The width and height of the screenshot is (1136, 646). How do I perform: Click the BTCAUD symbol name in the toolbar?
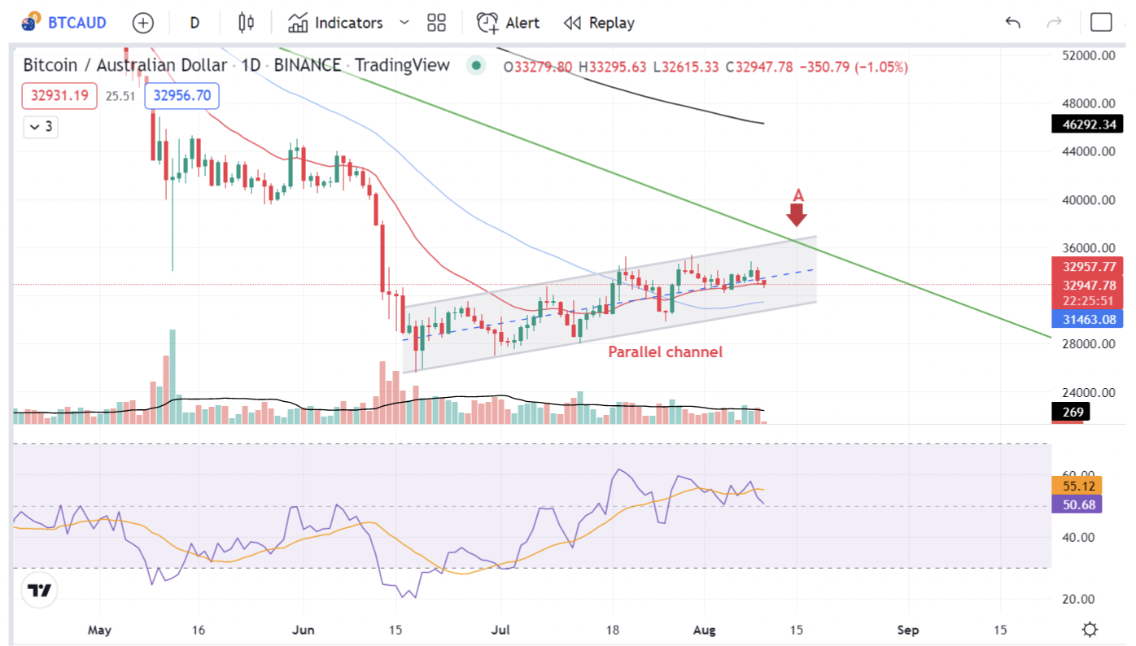click(76, 23)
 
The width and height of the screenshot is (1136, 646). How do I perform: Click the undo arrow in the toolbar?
click(1012, 23)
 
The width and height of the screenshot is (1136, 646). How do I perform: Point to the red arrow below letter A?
click(797, 215)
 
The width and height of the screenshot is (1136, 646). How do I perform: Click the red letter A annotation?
click(798, 195)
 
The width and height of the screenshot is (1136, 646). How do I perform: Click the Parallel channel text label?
click(666, 351)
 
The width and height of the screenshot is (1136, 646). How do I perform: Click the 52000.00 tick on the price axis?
click(1087, 55)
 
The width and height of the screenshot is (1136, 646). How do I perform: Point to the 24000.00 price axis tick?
click(1087, 392)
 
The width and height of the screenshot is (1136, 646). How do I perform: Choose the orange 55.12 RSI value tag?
click(1077, 486)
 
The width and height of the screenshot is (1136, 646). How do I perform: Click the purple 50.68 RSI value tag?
click(1077, 504)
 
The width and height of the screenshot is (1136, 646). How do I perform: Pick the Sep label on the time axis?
click(908, 630)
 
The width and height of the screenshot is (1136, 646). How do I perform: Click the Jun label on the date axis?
click(304, 630)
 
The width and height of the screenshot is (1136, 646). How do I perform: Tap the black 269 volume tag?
click(1073, 412)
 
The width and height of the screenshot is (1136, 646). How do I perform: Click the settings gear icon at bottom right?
click(1090, 630)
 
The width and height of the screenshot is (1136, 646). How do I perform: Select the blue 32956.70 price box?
click(181, 96)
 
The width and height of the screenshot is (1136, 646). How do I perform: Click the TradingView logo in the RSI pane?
click(40, 591)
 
